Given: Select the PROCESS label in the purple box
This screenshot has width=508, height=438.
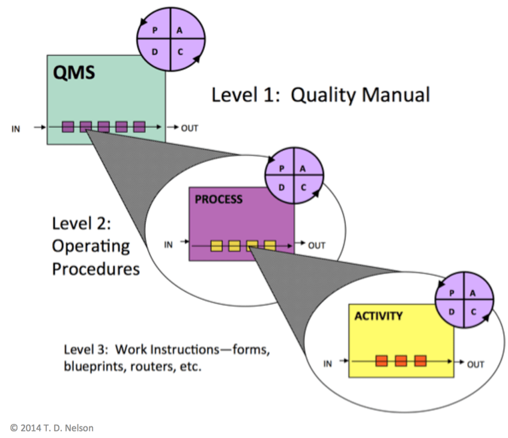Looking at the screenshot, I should click(219, 199).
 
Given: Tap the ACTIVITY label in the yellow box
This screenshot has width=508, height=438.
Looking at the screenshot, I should click(378, 315).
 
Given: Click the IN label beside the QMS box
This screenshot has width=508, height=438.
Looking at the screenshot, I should click(16, 127).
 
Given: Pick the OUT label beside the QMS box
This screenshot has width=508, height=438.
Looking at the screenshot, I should click(189, 127).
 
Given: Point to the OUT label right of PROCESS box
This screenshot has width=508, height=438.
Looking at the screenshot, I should click(316, 245).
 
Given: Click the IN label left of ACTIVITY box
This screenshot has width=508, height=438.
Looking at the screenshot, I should click(328, 363).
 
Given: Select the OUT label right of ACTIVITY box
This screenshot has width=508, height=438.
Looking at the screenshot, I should click(476, 364).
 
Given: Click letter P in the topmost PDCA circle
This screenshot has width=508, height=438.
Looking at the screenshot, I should click(155, 29).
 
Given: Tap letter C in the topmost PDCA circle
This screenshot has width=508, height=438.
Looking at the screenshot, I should click(179, 52).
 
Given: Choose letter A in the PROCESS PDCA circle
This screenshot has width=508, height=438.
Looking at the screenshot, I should click(303, 169).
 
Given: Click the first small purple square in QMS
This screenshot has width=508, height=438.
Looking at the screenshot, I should click(68, 127).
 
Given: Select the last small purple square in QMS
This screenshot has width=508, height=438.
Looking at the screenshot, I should click(139, 127).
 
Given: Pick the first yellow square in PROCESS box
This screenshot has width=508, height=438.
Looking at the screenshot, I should click(217, 245).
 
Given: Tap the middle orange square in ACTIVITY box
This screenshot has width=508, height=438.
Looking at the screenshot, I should click(401, 361).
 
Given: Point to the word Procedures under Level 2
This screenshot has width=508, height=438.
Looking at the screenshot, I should click(96, 268).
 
